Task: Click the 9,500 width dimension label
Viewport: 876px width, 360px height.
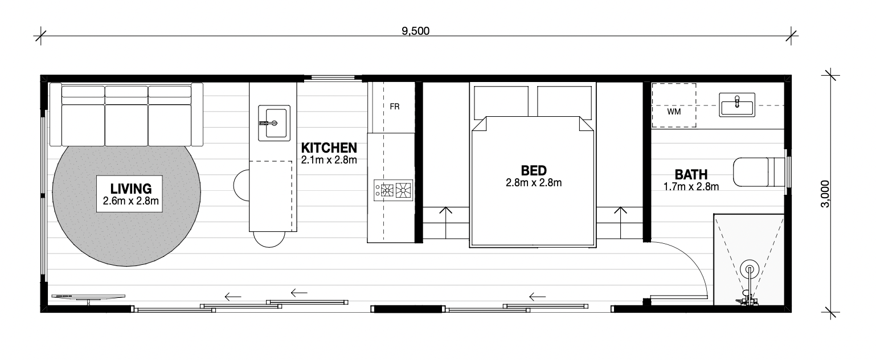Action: click(x=415, y=31)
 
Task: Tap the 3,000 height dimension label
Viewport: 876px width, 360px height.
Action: click(x=825, y=194)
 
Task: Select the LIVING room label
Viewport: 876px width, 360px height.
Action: click(x=131, y=189)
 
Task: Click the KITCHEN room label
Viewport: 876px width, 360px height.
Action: click(x=329, y=148)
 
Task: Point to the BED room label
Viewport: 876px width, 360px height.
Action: click(x=534, y=171)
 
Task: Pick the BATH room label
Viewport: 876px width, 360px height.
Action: click(x=691, y=174)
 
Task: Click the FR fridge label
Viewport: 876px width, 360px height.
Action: click(x=395, y=107)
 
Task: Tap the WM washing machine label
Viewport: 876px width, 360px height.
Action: click(x=674, y=112)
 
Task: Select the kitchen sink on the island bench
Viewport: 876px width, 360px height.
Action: click(x=274, y=123)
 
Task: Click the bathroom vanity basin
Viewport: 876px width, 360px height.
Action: click(x=737, y=104)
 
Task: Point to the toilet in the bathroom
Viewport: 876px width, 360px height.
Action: click(x=759, y=172)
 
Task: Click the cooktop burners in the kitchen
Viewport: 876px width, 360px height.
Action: click(x=394, y=190)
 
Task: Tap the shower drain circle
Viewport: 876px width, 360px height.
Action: click(x=750, y=269)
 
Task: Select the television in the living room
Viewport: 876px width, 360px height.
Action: click(x=88, y=298)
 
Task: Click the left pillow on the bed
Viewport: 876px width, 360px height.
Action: click(x=501, y=103)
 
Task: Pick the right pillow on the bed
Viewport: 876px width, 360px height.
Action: click(x=564, y=103)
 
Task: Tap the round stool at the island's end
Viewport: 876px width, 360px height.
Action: click(x=269, y=239)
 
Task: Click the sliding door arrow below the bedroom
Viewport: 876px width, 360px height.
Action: click(x=537, y=297)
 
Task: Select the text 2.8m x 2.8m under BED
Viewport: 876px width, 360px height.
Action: click(x=534, y=183)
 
